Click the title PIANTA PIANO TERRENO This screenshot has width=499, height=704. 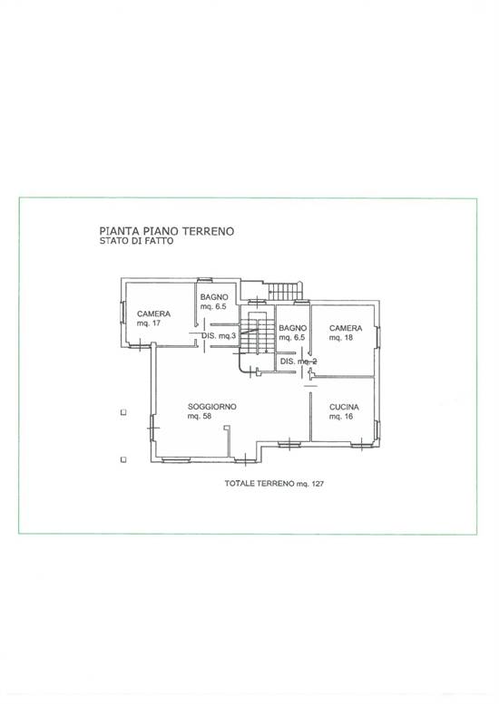(166, 231)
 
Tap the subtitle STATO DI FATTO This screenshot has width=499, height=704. (136, 241)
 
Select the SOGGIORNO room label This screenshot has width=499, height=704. (212, 407)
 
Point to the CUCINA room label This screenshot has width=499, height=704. (345, 407)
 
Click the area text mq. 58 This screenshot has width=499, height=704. (200, 416)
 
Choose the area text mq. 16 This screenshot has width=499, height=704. (341, 417)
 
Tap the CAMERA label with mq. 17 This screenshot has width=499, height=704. (153, 313)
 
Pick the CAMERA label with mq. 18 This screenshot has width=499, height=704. (346, 328)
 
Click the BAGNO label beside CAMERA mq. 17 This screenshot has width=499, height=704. (214, 297)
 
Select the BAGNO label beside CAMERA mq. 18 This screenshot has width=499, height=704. (293, 328)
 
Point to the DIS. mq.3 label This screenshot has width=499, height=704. (219, 335)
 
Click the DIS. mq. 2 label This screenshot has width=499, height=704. (298, 362)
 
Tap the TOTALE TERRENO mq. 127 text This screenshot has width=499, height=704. (274, 484)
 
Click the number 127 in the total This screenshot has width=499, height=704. (317, 484)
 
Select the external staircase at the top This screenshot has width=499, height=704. (284, 291)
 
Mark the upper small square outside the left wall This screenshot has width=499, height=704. (123, 412)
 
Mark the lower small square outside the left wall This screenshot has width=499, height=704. (123, 459)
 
